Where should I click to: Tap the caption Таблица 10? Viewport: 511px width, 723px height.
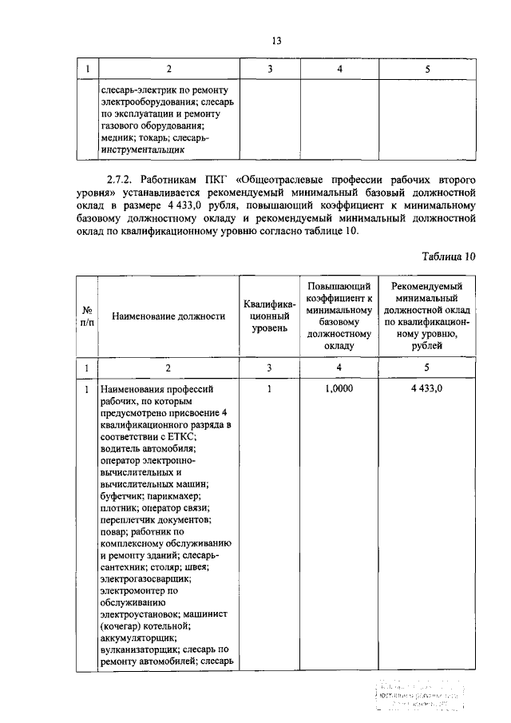(x=448, y=256)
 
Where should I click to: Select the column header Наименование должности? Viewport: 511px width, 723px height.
(x=168, y=316)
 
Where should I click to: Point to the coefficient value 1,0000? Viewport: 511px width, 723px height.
(x=339, y=388)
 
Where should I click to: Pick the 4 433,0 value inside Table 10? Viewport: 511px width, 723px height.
(x=427, y=388)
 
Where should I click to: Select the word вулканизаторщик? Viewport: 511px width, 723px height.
(x=141, y=650)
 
